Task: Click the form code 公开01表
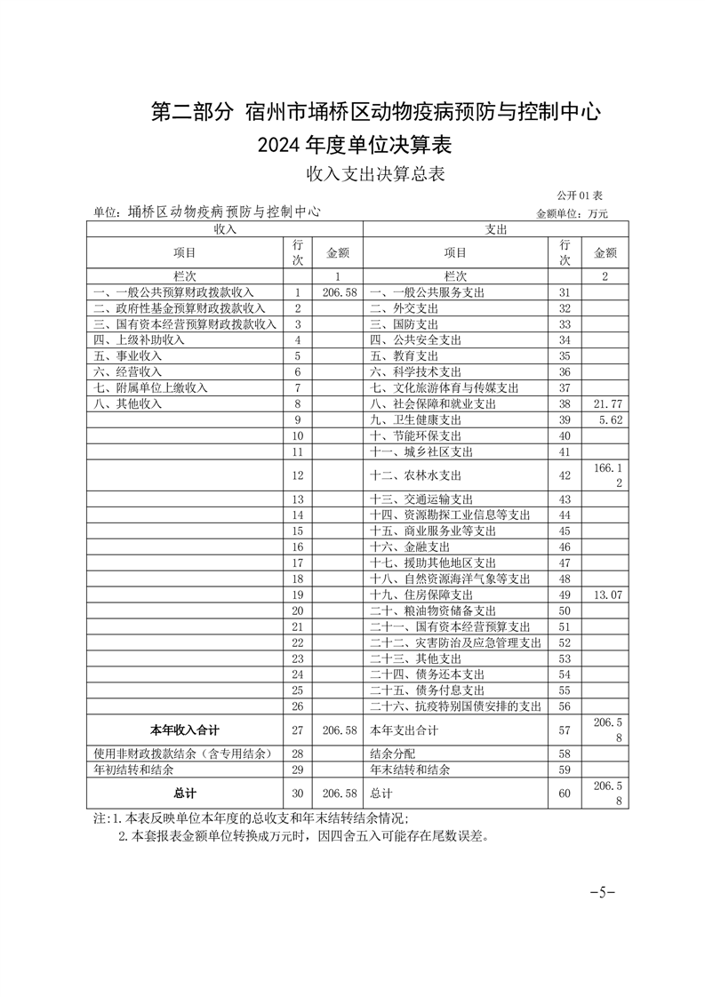click(x=581, y=195)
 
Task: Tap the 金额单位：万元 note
click(x=573, y=213)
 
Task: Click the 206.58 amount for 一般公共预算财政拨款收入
click(x=339, y=292)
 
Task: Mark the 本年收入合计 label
click(x=185, y=730)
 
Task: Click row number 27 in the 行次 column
click(x=298, y=730)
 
